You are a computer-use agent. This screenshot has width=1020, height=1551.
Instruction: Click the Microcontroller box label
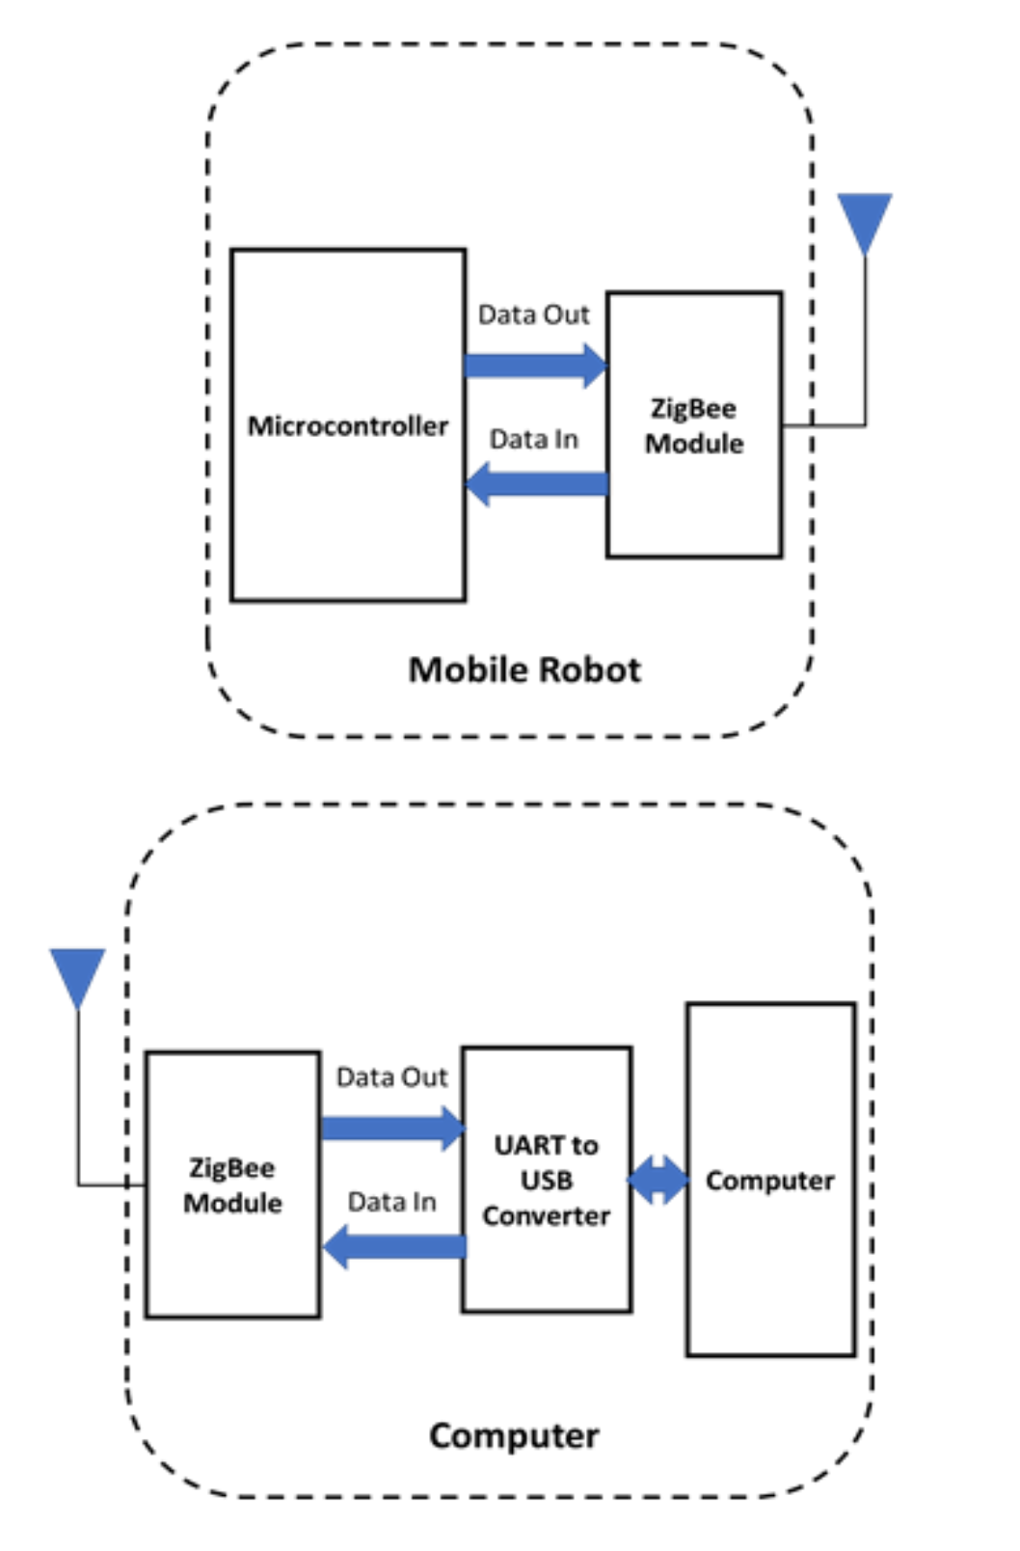point(347,425)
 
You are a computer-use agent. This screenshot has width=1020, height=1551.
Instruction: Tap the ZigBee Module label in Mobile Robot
point(693,425)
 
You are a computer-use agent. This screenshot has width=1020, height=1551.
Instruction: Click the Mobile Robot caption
point(523,669)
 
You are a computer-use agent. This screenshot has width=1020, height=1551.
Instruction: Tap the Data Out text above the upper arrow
point(533,314)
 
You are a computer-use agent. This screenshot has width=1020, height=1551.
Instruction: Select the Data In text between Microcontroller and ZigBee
point(533,440)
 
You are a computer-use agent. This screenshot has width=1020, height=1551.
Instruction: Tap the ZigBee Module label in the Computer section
point(232,1185)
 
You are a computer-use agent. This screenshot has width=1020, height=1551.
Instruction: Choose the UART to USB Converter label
point(546,1180)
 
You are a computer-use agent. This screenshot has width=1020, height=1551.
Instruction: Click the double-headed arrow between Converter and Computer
point(658,1180)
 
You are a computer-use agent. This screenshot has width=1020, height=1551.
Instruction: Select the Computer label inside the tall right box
point(769,1180)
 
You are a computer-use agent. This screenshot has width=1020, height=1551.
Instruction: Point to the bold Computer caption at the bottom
point(513,1435)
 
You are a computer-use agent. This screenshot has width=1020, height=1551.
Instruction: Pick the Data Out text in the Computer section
point(390,1076)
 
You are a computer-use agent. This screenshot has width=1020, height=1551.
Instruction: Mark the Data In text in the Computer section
point(390,1202)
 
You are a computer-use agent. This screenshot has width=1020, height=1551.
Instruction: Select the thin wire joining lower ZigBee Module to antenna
point(78,1109)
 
